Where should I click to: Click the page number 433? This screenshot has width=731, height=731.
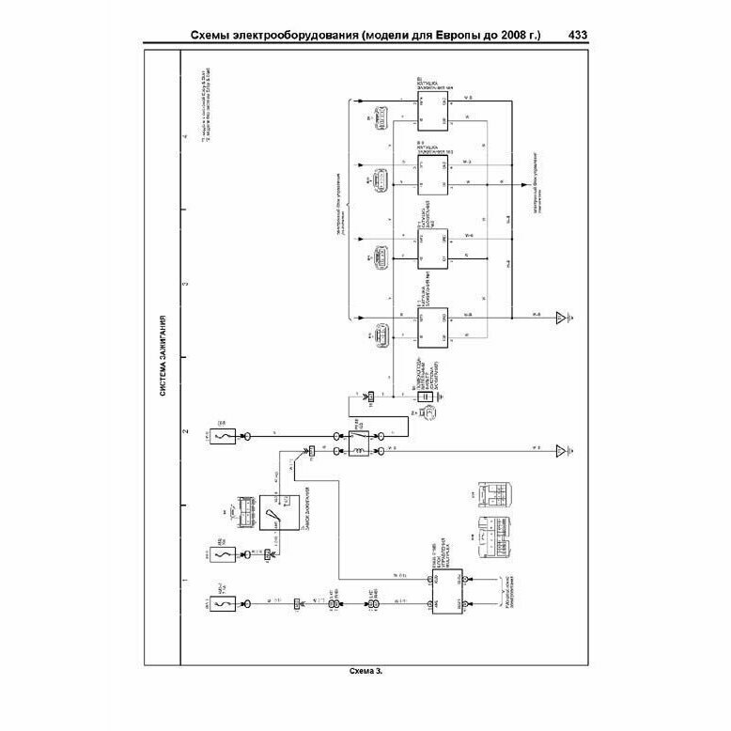coord(579,37)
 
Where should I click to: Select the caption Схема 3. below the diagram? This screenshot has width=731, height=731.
coord(365,671)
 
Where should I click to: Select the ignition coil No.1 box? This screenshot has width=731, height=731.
coord(433,329)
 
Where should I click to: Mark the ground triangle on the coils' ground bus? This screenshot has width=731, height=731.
coord(562,319)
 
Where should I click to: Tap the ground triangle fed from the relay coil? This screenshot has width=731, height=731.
coord(562,452)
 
